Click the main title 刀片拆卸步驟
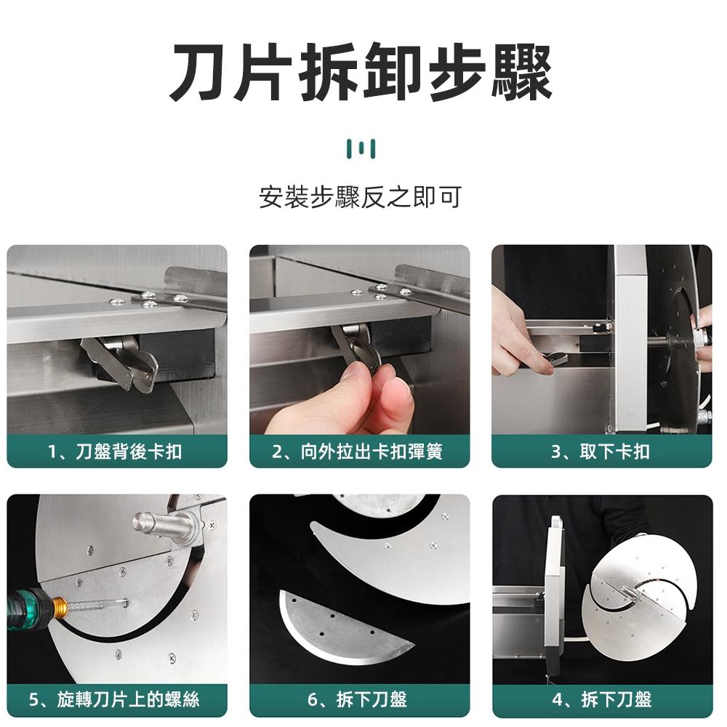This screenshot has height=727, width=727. pyautogui.click(x=361, y=73)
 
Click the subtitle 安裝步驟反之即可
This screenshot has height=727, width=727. pyautogui.click(x=361, y=197)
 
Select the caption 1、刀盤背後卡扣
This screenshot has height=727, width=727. pyautogui.click(x=116, y=451)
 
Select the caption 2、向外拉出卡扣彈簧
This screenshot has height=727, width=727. pyautogui.click(x=359, y=451)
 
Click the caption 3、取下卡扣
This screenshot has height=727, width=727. pyautogui.click(x=601, y=451)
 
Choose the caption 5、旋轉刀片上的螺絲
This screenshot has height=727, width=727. pyautogui.click(x=116, y=700)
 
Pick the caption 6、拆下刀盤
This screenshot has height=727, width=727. pyautogui.click(x=359, y=700)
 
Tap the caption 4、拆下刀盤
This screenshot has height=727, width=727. pyautogui.click(x=601, y=700)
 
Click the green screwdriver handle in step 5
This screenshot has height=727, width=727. pyautogui.click(x=25, y=607)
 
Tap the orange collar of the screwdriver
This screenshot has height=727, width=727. pyautogui.click(x=58, y=606)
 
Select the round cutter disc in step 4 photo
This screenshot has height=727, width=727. pyautogui.click(x=640, y=585)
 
